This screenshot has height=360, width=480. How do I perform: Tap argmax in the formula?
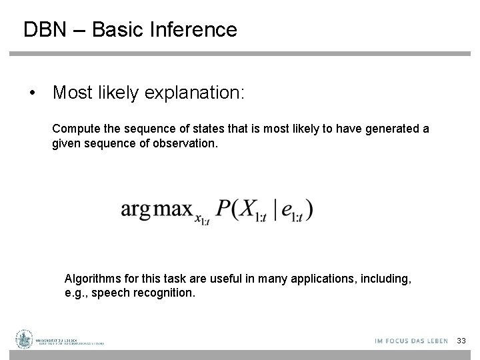155,209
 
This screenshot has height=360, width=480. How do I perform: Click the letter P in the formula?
224,208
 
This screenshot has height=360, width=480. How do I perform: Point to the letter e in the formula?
287,210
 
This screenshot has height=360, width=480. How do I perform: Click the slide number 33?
461,341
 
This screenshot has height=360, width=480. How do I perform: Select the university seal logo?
25,340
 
